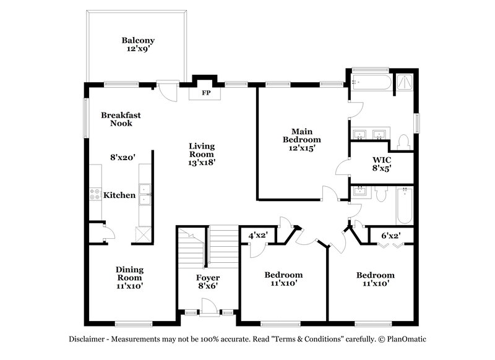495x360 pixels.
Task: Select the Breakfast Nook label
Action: (x=121, y=119)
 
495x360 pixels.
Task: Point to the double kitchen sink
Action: (x=145, y=194)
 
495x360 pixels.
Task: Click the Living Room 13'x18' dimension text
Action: (x=202, y=163)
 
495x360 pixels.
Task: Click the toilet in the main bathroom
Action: (x=403, y=142)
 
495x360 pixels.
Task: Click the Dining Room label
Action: (x=130, y=273)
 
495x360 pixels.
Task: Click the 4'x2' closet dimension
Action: (x=257, y=236)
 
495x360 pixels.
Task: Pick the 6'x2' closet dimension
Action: (x=390, y=236)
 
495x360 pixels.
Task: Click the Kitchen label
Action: (x=119, y=195)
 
